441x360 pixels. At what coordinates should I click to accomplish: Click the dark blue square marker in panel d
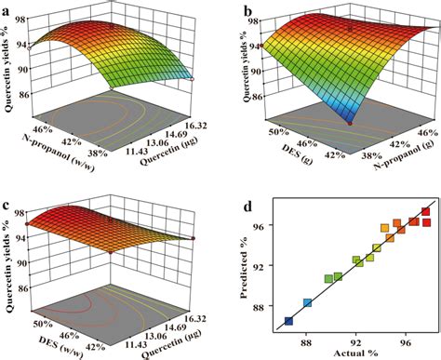point(288,321)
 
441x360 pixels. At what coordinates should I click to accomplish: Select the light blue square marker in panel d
point(308,303)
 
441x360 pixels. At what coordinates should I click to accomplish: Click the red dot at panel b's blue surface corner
point(351,122)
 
